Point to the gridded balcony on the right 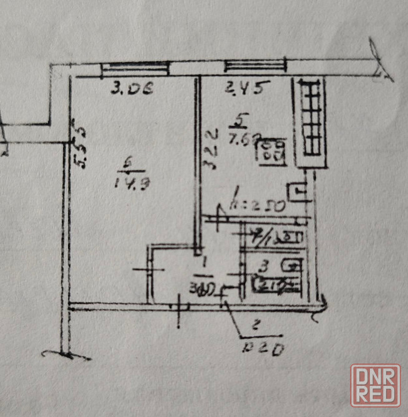(310, 120)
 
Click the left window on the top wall (136, 68)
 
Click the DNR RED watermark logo (375, 386)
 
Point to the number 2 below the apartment (255, 324)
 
